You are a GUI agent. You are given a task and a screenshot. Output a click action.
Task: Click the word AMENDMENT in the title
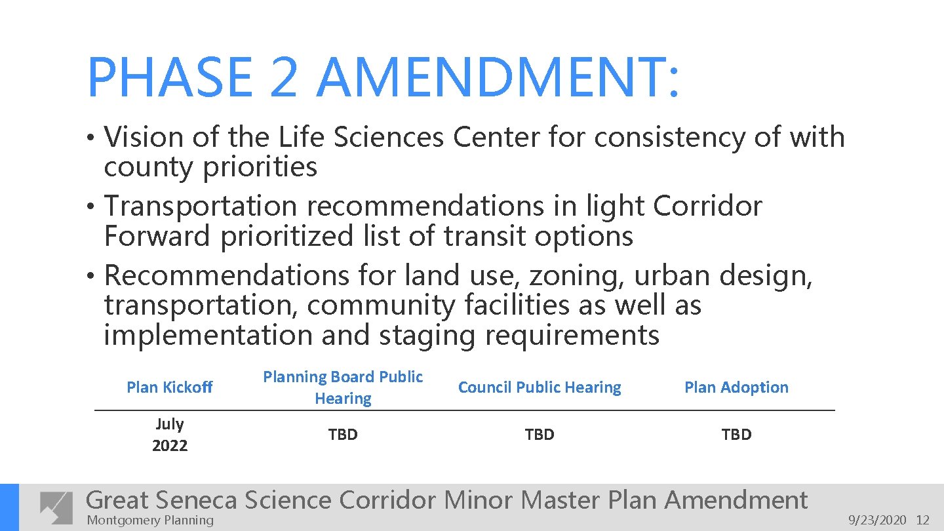point(498,78)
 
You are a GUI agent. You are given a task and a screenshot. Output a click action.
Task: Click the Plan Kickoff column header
point(170,387)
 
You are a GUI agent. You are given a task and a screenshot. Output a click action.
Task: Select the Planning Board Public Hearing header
point(343,387)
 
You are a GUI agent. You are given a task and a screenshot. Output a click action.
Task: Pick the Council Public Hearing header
point(540,387)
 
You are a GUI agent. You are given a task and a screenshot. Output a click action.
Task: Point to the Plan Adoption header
point(736,387)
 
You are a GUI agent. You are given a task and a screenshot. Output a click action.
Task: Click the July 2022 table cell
point(170,435)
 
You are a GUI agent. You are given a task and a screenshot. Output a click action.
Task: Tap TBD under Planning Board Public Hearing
point(343,435)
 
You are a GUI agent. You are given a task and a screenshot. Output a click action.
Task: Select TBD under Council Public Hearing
point(540,435)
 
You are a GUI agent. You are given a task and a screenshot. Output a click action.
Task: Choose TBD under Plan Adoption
point(736,435)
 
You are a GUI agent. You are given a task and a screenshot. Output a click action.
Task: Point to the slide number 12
point(923,521)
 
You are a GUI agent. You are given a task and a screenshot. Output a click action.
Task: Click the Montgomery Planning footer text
point(150,521)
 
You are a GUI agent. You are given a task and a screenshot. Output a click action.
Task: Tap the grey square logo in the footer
point(56,507)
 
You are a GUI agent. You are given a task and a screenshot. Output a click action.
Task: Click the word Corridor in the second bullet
point(708,206)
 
